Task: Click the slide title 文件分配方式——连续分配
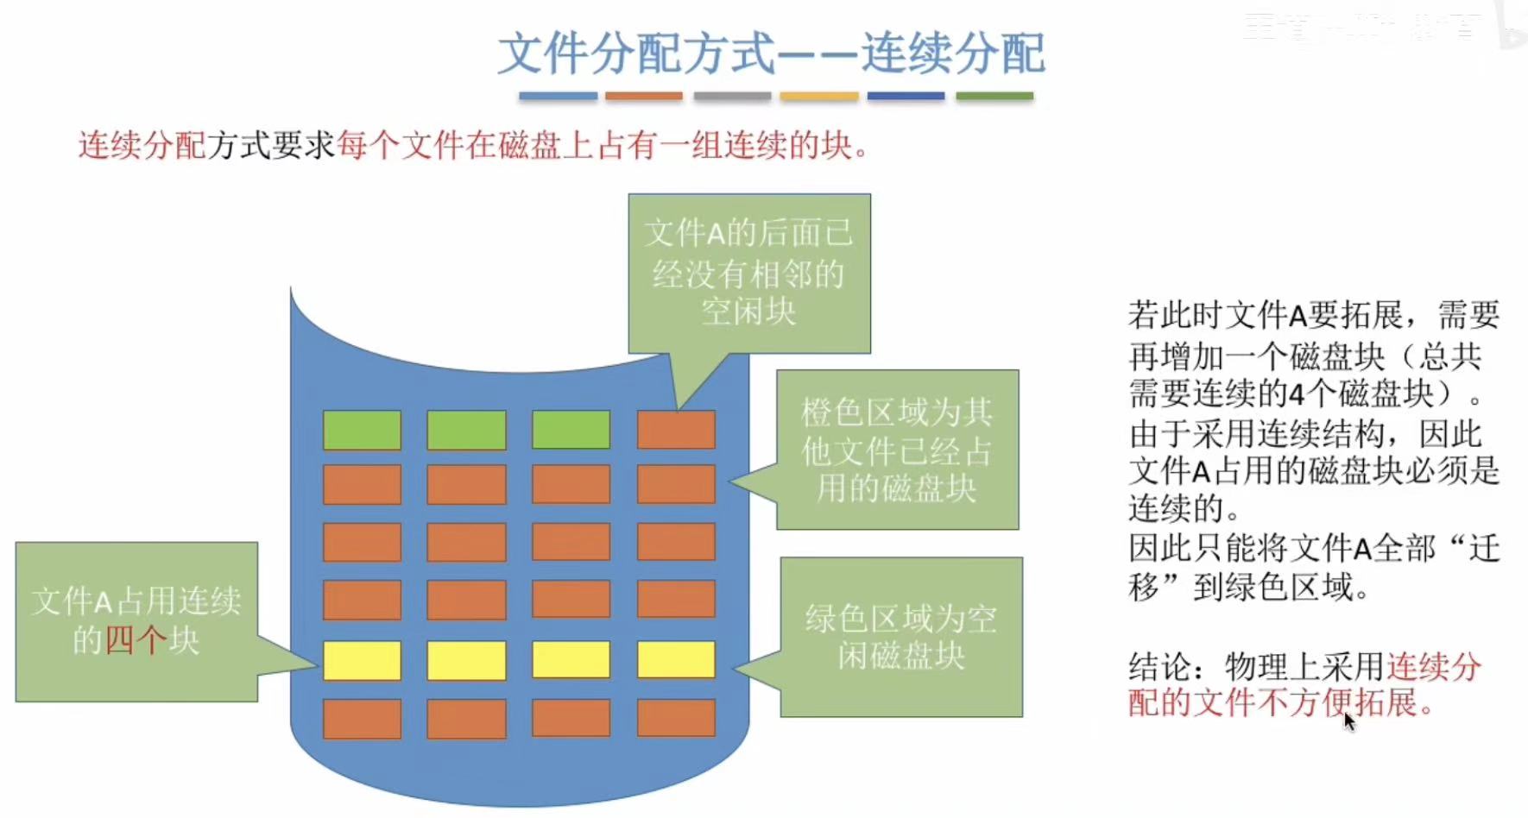point(771,53)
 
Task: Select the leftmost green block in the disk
point(362,430)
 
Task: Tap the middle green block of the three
point(466,430)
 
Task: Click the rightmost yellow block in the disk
point(676,660)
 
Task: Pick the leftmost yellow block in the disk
point(362,660)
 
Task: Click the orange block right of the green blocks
point(676,430)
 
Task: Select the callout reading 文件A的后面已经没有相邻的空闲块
point(748,273)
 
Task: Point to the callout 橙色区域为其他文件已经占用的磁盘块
point(897,450)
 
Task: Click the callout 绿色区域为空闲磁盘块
point(901,637)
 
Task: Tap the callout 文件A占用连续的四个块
point(136,621)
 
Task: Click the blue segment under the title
point(558,97)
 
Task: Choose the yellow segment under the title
point(819,97)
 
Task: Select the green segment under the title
point(994,97)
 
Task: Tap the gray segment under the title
point(732,97)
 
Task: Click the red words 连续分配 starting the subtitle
point(142,146)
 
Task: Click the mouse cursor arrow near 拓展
point(1348,720)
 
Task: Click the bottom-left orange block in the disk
point(362,718)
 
